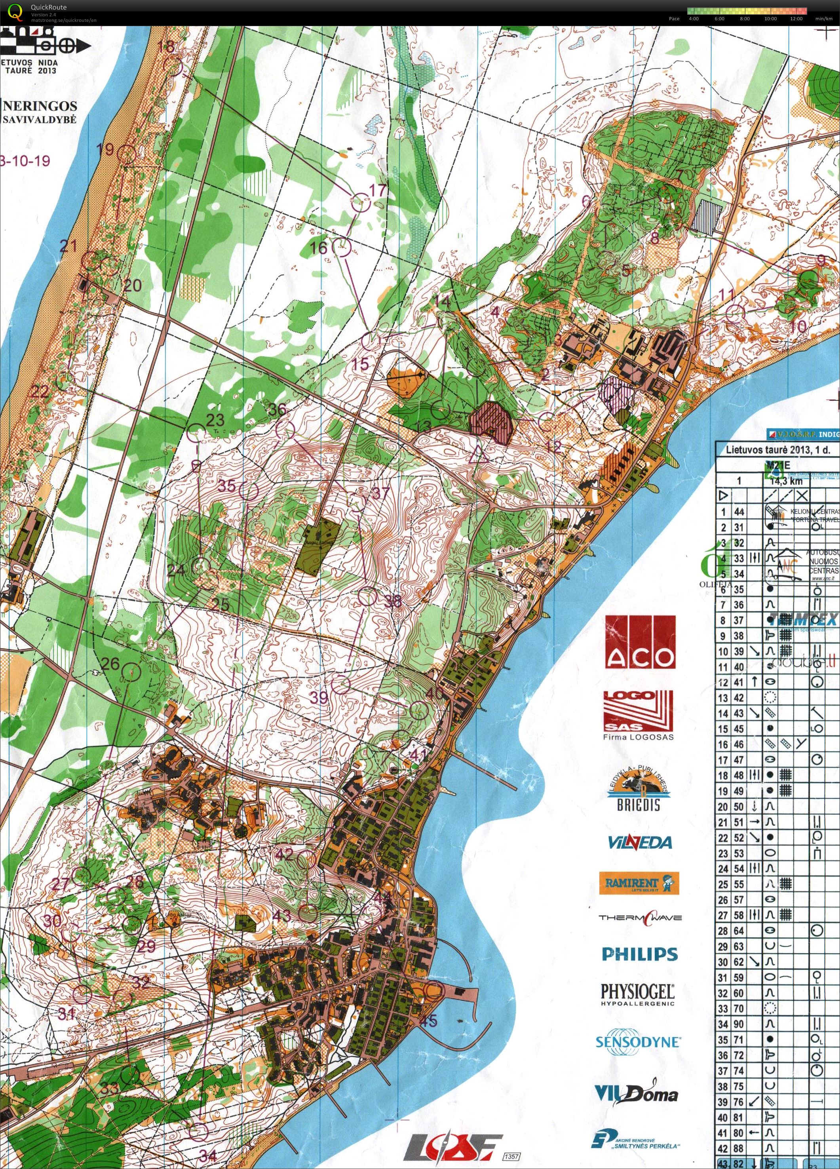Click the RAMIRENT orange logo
pyautogui.click(x=639, y=883)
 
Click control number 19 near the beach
pyautogui.click(x=105, y=149)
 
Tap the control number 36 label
pyautogui.click(x=277, y=409)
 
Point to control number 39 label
pyautogui.click(x=319, y=697)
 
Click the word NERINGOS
pyautogui.click(x=41, y=106)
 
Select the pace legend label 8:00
pyautogui.click(x=745, y=19)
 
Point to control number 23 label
pyautogui.click(x=215, y=419)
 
